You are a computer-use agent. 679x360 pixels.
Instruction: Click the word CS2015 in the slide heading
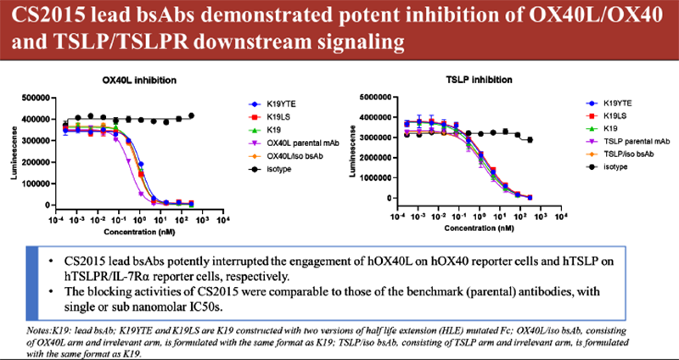[x=45, y=17]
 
